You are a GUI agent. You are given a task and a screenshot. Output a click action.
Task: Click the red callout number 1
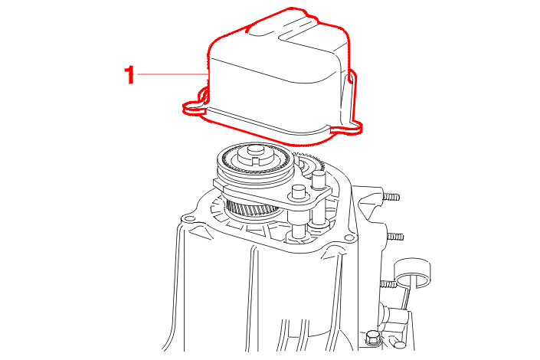(129, 75)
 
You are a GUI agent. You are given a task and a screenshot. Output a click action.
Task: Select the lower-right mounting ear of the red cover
(347, 128)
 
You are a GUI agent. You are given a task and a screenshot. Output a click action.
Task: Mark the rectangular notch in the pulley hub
(256, 160)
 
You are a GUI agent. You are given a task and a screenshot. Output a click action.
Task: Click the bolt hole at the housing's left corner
(188, 219)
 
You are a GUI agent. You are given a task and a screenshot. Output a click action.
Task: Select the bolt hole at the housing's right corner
(349, 237)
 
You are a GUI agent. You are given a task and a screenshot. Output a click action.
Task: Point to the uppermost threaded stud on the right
(391, 198)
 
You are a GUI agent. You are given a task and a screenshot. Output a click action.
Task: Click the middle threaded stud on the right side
(395, 237)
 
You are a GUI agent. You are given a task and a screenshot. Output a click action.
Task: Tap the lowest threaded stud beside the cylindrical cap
(388, 284)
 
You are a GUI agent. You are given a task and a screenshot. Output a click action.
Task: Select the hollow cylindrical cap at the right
(413, 272)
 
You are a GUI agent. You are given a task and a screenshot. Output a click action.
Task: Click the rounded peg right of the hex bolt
(400, 345)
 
